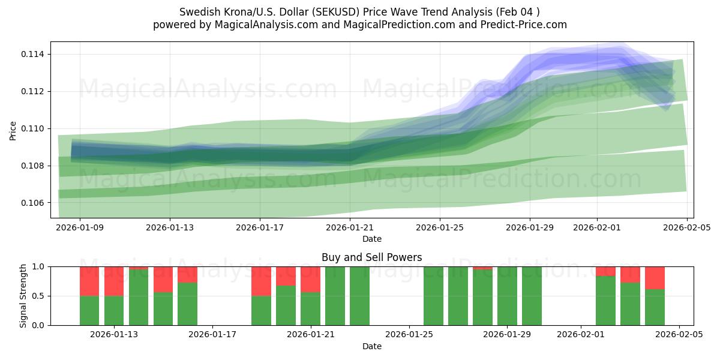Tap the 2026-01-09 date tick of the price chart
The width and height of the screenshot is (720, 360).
click(80, 228)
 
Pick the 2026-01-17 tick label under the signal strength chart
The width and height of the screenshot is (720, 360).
click(212, 335)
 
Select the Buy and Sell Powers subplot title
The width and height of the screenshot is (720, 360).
click(371, 257)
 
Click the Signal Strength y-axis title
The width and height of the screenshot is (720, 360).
click(23, 296)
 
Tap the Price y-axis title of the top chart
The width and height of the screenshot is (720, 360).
click(13, 130)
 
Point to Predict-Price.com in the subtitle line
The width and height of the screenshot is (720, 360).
click(526, 25)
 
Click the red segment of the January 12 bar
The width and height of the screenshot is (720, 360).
click(89, 281)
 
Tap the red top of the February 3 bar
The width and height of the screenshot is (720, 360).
click(630, 274)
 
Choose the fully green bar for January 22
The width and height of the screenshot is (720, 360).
click(335, 296)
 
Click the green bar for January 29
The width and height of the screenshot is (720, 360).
click(507, 296)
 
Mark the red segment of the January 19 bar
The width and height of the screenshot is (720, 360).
click(261, 281)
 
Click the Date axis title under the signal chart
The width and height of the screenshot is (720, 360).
click(371, 346)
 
